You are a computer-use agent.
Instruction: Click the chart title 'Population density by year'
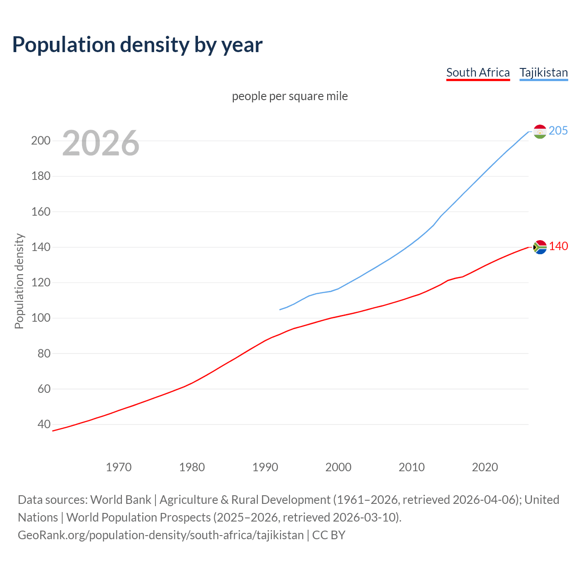pyautogui.click(x=137, y=45)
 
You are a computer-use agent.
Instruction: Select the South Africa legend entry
pyautogui.click(x=478, y=72)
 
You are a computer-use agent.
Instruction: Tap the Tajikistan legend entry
pyautogui.click(x=543, y=72)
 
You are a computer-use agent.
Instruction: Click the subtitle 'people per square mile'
pyautogui.click(x=290, y=96)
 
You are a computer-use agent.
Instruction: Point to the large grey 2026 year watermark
pyautogui.click(x=101, y=143)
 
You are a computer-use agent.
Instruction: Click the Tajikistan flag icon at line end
pyautogui.click(x=540, y=131)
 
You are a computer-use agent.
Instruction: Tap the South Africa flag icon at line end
pyautogui.click(x=540, y=247)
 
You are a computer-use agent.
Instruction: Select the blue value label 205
pyautogui.click(x=558, y=130)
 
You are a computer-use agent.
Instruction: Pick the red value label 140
pyautogui.click(x=558, y=246)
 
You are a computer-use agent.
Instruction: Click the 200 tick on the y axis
pyautogui.click(x=41, y=140)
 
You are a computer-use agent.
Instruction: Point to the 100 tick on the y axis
pyautogui.click(x=41, y=318)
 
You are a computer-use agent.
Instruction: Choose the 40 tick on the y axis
pyautogui.click(x=44, y=425)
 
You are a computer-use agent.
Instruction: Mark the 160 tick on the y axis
pyautogui.click(x=41, y=212)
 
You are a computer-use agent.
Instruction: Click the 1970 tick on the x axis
pyautogui.click(x=119, y=467)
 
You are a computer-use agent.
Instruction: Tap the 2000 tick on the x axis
pyautogui.click(x=338, y=467)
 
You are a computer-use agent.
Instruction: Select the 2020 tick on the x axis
pyautogui.click(x=485, y=467)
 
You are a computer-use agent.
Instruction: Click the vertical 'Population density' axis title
pyautogui.click(x=19, y=281)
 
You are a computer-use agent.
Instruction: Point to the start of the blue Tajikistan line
pyautogui.click(x=280, y=309)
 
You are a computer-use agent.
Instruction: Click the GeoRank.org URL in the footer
pyautogui.click(x=161, y=535)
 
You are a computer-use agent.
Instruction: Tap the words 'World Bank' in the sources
pyautogui.click(x=121, y=500)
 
